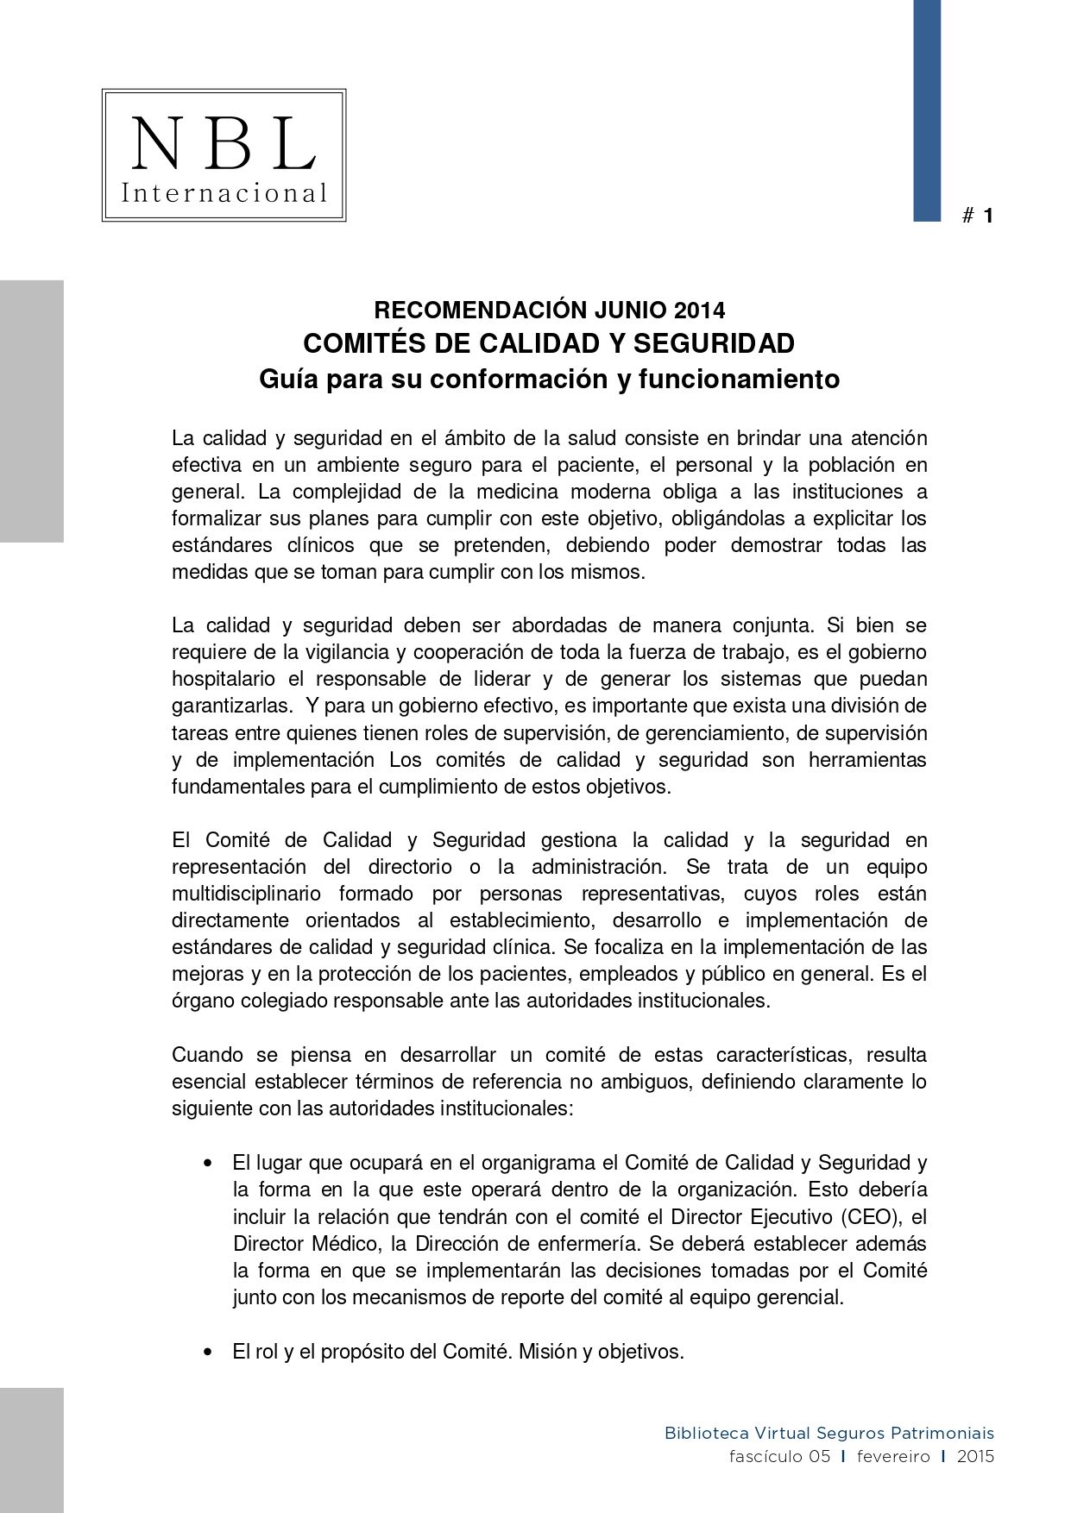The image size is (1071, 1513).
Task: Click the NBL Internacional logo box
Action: [x=224, y=155]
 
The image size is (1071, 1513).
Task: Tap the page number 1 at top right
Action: [x=988, y=216]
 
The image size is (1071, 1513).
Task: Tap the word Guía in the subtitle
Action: [x=288, y=380]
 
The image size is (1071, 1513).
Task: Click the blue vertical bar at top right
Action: [x=927, y=110]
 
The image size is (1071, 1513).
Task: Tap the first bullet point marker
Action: [x=207, y=1164]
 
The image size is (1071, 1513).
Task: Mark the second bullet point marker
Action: [x=207, y=1352]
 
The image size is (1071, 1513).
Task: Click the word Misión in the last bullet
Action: [x=547, y=1352]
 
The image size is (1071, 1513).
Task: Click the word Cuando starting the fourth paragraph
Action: [x=208, y=1055]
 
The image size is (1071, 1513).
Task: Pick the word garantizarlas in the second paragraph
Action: [x=230, y=706]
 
